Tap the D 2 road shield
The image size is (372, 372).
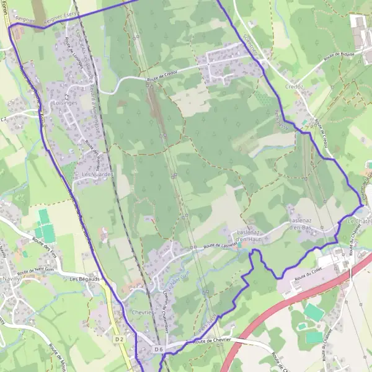(120, 340)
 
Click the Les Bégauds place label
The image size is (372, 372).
(85, 280)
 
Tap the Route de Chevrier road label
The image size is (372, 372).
(213, 342)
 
